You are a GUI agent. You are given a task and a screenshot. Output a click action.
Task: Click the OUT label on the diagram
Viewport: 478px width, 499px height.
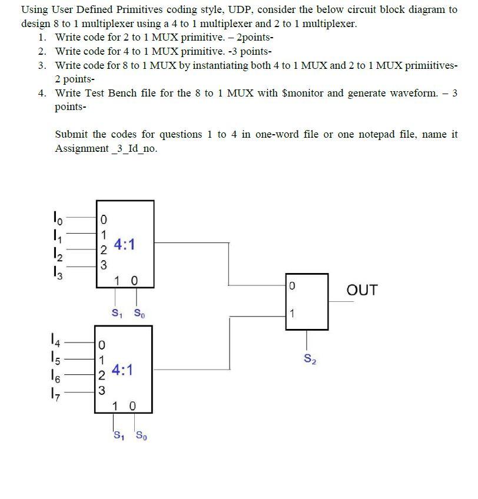coord(362,290)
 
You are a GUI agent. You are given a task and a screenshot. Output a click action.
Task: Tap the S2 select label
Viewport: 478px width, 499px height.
coord(309,358)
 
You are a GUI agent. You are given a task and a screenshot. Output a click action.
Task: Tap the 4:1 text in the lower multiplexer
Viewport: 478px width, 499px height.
coord(122,370)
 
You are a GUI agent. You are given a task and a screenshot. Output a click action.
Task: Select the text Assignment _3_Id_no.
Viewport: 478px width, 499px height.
coord(106,148)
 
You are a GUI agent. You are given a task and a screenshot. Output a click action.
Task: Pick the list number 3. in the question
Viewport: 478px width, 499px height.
coord(42,65)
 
